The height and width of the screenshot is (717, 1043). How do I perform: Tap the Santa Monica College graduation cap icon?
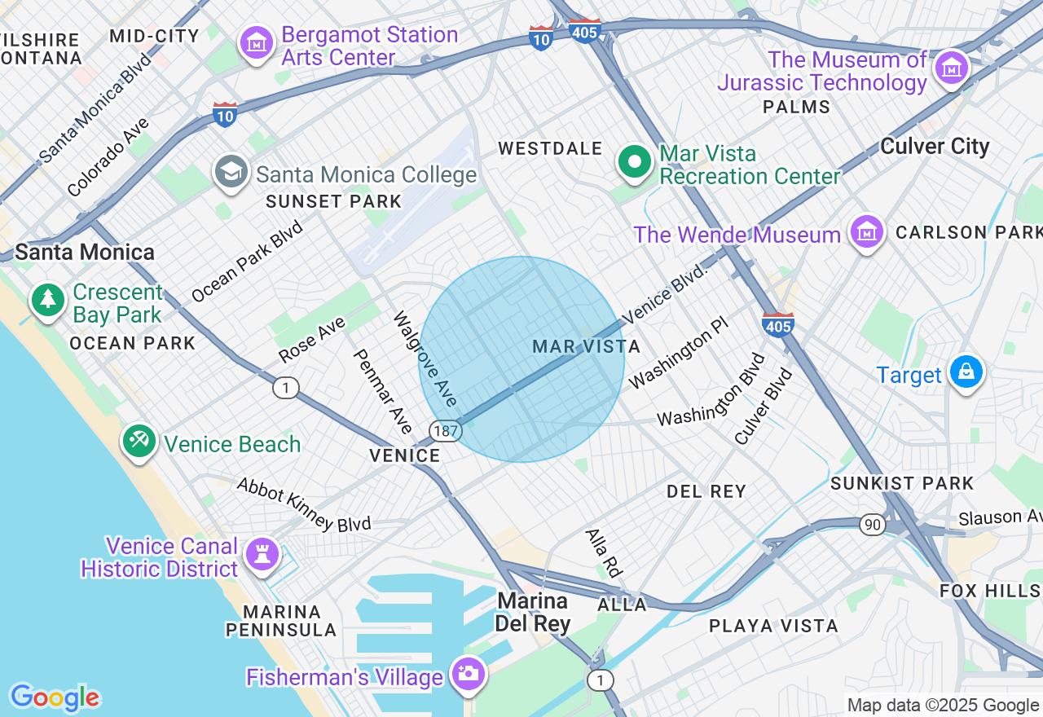231,171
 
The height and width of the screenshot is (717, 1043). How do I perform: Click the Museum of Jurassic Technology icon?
951,68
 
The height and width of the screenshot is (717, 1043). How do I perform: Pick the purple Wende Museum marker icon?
867,233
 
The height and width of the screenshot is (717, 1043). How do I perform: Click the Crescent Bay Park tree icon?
48,300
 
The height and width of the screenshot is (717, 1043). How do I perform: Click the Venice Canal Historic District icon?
262,556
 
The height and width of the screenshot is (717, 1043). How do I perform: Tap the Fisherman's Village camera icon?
469,674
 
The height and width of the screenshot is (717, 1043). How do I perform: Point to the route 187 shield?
446,432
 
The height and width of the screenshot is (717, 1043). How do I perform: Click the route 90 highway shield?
872,525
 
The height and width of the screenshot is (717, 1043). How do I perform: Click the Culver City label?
935,147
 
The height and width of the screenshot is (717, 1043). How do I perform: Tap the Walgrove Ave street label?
425,359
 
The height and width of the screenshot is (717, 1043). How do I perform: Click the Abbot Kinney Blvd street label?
303,505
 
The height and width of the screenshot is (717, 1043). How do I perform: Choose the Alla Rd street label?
604,552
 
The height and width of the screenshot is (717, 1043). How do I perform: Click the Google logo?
55,697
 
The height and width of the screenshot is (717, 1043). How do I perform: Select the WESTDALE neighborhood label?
550,149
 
